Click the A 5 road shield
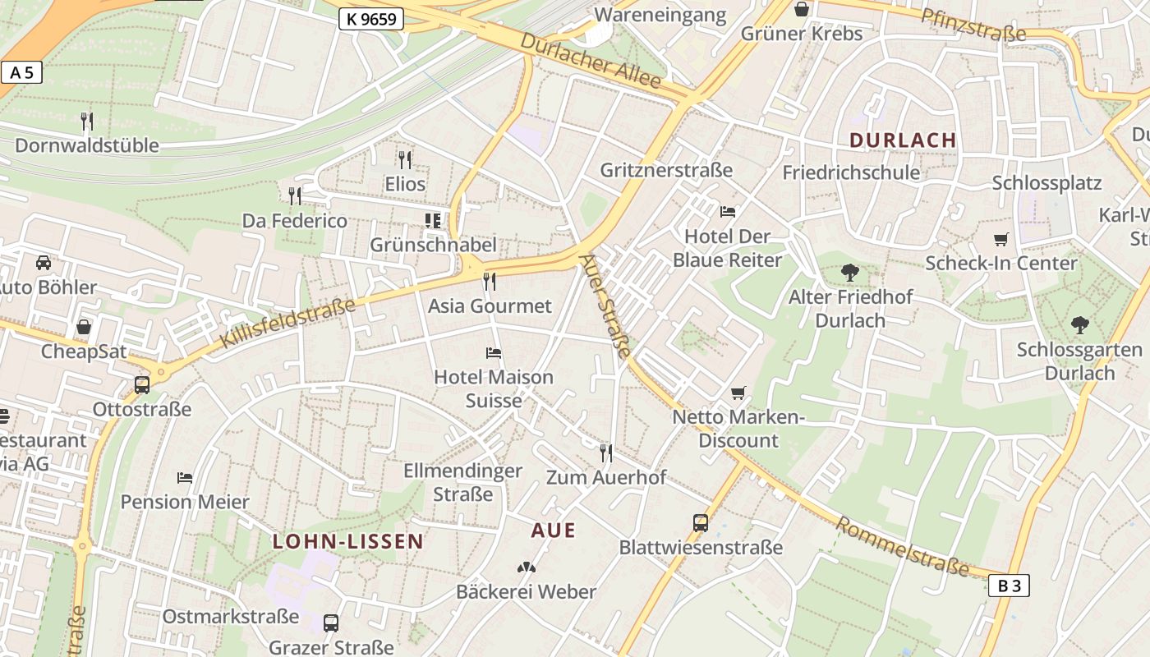point(21,72)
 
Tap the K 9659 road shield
point(371,19)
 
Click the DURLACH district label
point(903,140)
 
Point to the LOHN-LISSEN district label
point(348,541)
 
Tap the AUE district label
point(554,531)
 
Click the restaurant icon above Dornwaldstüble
point(87,122)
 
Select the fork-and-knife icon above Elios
point(404,159)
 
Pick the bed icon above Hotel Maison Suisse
point(494,353)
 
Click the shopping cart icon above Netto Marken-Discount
point(738,393)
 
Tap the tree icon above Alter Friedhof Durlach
point(850,272)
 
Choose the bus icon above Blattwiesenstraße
point(701,523)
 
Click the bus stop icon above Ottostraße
point(142,384)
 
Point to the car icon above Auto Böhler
point(44,263)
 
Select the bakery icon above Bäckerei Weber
point(526,567)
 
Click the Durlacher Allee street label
point(591,61)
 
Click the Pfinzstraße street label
point(973,25)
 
